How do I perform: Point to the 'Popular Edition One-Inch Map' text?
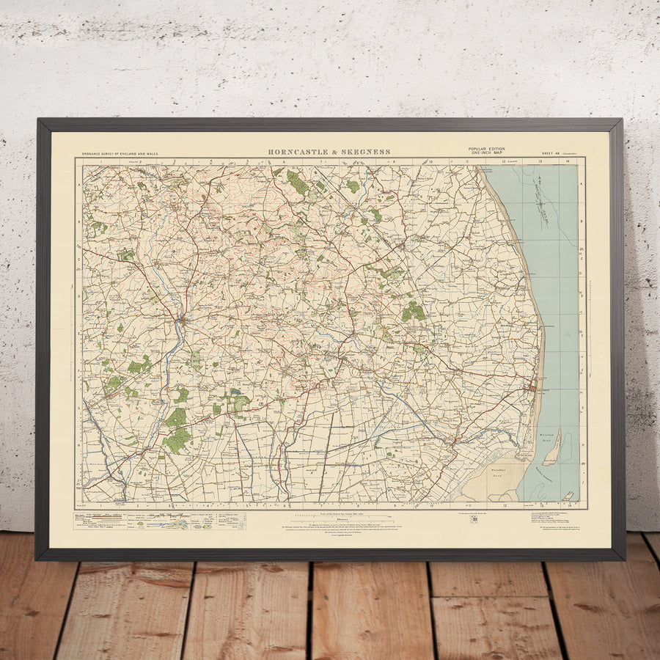click(487, 151)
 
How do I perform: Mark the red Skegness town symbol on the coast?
click(533, 386)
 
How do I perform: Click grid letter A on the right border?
click(582, 184)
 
